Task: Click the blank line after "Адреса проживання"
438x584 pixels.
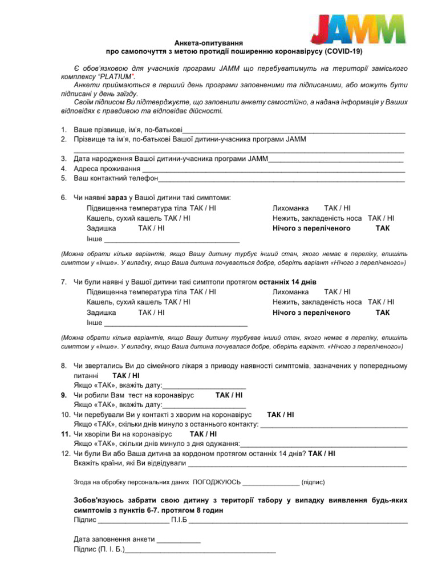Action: point(273,169)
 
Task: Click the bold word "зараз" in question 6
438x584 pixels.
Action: point(117,198)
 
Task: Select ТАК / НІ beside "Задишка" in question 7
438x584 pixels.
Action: point(151,313)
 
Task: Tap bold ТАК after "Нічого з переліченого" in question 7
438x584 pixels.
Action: point(383,313)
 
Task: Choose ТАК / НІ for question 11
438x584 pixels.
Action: point(204,434)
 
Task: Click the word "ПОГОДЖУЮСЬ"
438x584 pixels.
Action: point(217,482)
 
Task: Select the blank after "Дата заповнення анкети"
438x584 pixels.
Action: point(179,540)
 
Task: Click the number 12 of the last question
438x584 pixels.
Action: point(65,453)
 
